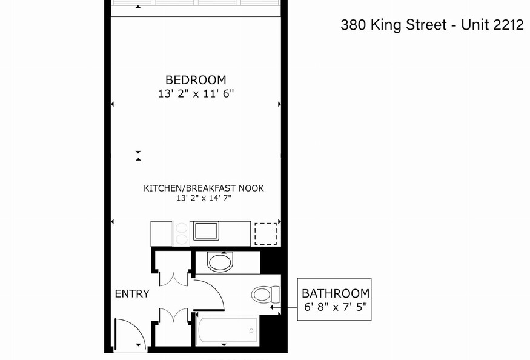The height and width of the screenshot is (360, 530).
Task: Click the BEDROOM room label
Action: tap(196, 80)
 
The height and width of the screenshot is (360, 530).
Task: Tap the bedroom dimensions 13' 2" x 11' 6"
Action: tap(196, 93)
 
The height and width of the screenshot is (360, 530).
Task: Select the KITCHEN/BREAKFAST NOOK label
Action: tap(204, 188)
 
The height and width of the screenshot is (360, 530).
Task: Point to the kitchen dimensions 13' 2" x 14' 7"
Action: tap(204, 198)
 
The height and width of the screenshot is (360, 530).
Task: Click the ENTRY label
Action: tap(132, 293)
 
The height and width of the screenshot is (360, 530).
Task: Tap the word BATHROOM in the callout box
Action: tap(336, 293)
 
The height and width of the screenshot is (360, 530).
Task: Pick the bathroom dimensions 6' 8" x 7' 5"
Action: tap(336, 307)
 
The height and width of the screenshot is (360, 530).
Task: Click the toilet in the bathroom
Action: tap(266, 295)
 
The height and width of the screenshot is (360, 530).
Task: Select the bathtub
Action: tap(227, 330)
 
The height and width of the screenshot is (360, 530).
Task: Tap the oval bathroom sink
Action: tap(220, 262)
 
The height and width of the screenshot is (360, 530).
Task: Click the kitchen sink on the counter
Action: tap(206, 231)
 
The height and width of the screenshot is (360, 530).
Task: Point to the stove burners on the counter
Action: tap(182, 233)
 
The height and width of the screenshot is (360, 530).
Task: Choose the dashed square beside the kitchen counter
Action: tap(266, 233)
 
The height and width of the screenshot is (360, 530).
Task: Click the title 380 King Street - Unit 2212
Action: tap(432, 25)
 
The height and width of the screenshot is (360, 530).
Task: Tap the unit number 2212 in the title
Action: tap(508, 25)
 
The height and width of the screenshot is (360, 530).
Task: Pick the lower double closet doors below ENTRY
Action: tap(173, 315)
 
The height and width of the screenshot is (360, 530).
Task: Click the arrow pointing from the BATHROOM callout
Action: tap(284, 307)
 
